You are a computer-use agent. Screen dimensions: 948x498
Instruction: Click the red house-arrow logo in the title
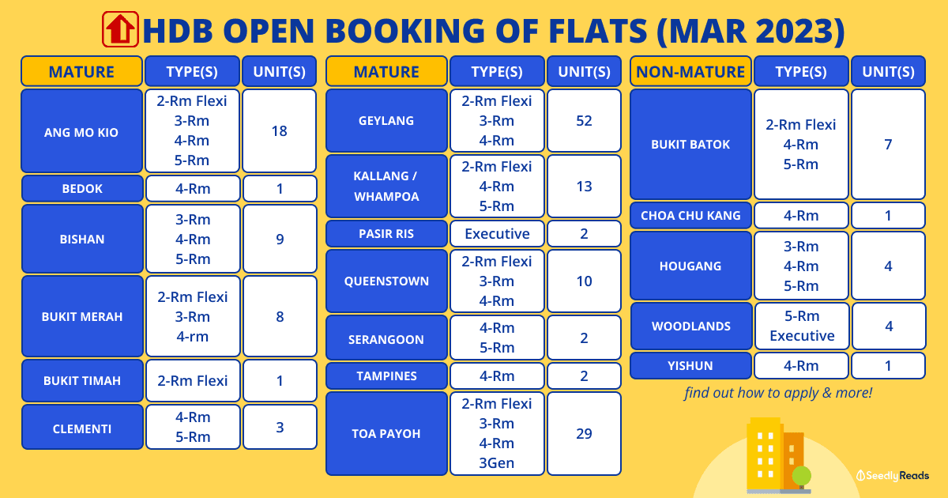120,29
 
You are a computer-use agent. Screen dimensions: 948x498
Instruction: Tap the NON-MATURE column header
690,71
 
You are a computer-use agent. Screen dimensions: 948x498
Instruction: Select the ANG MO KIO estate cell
81,131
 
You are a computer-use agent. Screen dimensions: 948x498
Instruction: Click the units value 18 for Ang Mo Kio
280,131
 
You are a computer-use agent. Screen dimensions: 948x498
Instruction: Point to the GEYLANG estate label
386,121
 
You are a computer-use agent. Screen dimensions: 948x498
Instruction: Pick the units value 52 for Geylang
584,121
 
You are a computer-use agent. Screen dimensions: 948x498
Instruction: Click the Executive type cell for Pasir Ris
497,233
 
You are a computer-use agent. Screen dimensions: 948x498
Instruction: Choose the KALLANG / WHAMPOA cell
386,187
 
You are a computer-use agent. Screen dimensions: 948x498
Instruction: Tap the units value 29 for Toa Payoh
584,434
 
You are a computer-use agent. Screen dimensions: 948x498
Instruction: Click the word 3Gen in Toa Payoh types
496,463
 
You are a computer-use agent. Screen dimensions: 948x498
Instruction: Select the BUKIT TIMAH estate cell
82,381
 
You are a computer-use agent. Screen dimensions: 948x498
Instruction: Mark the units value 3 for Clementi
280,428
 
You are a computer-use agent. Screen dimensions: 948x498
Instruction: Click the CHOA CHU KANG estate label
690,216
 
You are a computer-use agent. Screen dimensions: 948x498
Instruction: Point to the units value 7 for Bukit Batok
888,145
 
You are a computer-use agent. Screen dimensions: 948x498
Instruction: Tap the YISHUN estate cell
690,365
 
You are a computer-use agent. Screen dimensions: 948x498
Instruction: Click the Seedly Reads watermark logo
893,476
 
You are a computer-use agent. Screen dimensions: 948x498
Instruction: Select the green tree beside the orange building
801,477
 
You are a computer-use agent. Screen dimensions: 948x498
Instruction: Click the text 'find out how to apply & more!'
778,393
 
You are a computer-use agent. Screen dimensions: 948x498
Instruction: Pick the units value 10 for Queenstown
584,281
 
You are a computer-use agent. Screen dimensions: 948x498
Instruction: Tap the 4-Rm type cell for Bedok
193,188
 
